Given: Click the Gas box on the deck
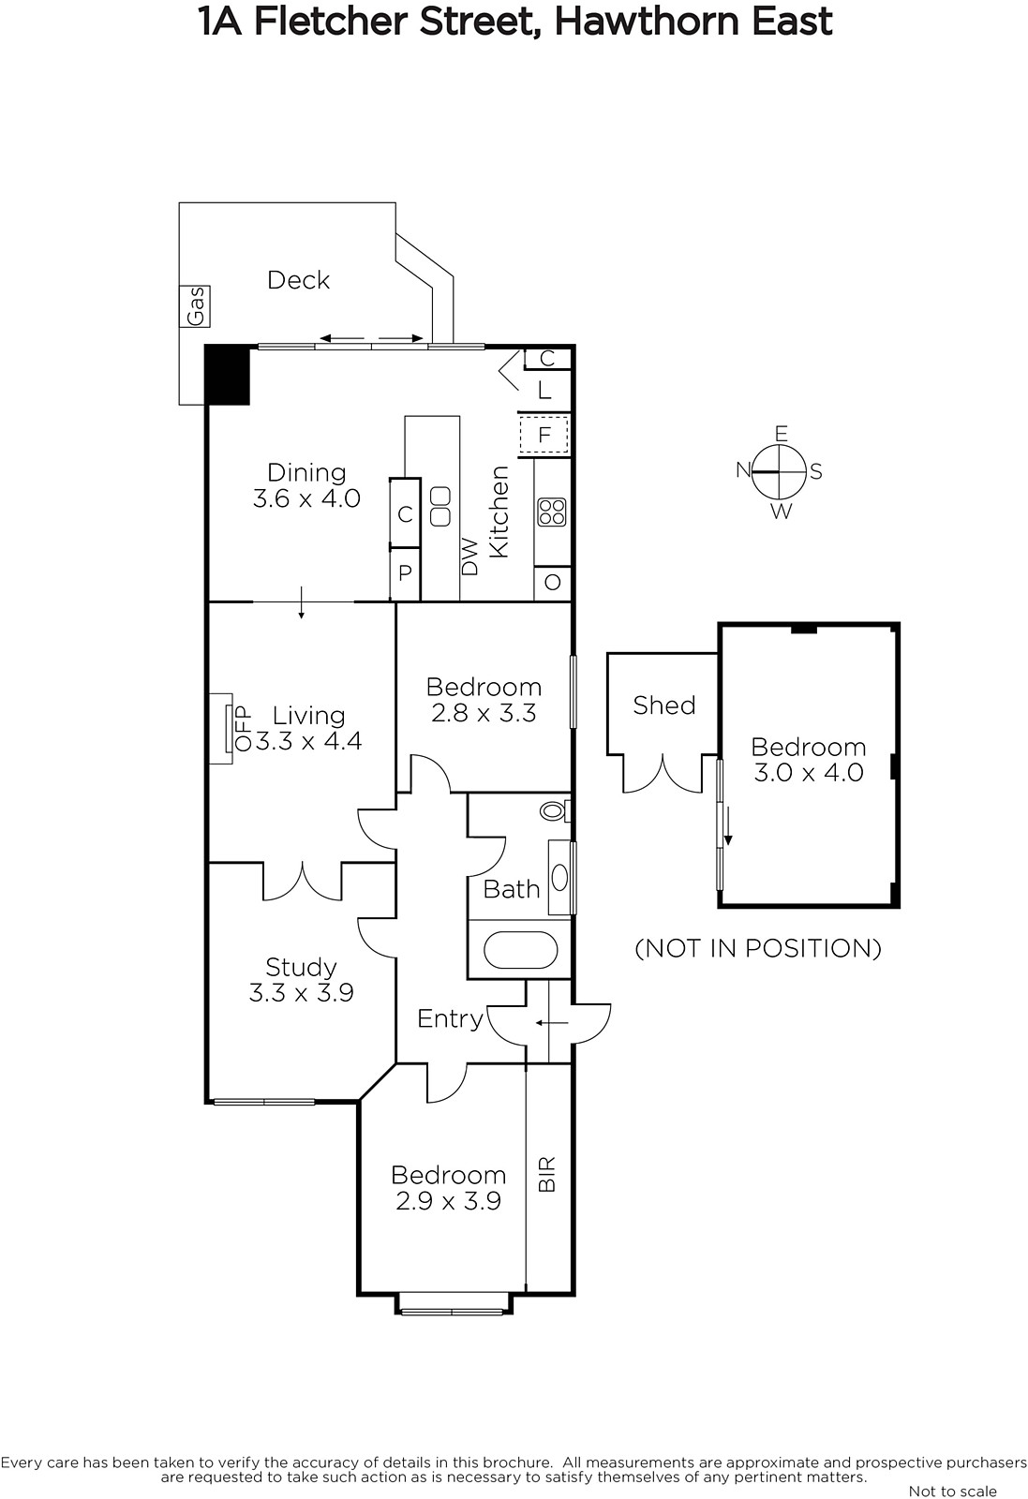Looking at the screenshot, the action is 194,305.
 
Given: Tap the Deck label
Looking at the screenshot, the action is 299,280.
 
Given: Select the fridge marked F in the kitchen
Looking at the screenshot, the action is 544,435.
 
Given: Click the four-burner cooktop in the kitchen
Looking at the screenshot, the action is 551,512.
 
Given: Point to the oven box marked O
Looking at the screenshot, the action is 552,582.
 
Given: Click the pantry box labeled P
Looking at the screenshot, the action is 405,573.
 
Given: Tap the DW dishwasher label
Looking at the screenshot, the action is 470,557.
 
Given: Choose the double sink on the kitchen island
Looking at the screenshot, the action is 440,507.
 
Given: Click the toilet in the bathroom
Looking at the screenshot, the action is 555,811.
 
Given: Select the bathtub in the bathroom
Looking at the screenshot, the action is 520,950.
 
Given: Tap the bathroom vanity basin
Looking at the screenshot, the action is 559,877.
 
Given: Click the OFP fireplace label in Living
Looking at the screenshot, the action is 243,728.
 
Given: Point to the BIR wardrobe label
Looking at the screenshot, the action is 546,1174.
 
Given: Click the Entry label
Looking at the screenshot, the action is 450,1018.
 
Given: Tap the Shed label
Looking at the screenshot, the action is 664,705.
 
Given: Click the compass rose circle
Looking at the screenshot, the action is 779,472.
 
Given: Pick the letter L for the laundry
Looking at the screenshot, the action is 544,390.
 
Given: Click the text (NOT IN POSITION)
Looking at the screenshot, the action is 758,948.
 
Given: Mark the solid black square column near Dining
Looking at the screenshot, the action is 228,376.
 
